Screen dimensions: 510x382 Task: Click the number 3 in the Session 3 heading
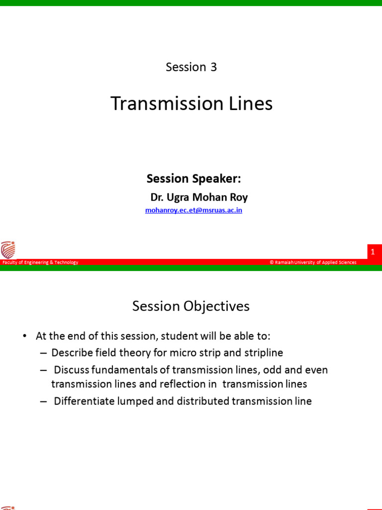(x=213, y=67)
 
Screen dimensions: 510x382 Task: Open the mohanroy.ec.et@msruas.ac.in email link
(x=193, y=210)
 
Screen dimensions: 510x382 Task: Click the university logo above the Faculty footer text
(x=8, y=250)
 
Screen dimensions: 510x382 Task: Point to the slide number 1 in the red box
(x=372, y=253)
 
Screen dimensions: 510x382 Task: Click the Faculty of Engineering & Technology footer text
(x=40, y=262)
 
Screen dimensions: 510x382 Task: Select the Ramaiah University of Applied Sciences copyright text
(x=313, y=262)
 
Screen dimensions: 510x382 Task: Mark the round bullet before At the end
(x=24, y=336)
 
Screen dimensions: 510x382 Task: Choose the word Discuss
(x=72, y=370)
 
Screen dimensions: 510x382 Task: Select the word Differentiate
(x=85, y=401)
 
